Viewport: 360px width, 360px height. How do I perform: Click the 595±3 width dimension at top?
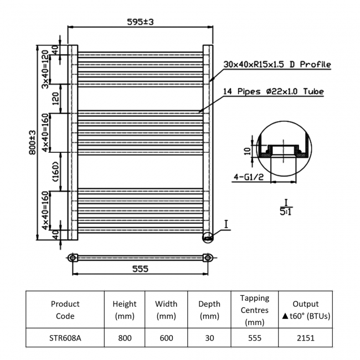coord(140,22)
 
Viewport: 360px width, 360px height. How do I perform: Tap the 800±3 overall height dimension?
coord(32,142)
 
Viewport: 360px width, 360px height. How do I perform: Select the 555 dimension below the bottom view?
coord(140,269)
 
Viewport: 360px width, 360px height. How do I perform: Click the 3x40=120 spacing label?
coord(45,70)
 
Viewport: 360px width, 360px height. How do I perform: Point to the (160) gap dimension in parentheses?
coord(55,172)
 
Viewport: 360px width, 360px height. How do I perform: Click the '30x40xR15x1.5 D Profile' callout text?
coord(277,64)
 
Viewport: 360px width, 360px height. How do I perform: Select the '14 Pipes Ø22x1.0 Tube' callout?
coord(274,91)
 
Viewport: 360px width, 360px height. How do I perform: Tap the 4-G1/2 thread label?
coord(249,177)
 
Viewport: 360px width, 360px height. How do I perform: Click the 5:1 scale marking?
coord(286,212)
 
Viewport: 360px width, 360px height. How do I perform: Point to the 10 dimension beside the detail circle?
coord(247,151)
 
